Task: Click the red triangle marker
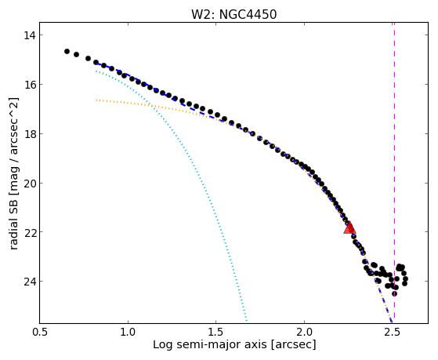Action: click(349, 228)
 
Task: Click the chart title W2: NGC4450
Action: click(233, 15)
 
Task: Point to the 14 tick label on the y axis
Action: click(29, 35)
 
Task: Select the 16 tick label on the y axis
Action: click(29, 85)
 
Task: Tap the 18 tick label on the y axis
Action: click(29, 134)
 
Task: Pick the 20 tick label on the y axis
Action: click(29, 184)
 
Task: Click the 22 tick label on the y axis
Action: click(29, 232)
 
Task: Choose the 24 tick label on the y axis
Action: click(29, 282)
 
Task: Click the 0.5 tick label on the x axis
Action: click(40, 332)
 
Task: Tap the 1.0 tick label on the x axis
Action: click(128, 332)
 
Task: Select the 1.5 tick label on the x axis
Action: click(216, 332)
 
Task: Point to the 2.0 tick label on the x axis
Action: click(305, 332)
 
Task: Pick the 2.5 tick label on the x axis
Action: click(393, 332)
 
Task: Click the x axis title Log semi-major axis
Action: click(210, 344)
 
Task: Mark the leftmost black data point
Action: click(67, 51)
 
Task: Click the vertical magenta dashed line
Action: click(394, 173)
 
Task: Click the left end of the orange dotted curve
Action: click(96, 100)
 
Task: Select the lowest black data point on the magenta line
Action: click(394, 293)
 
